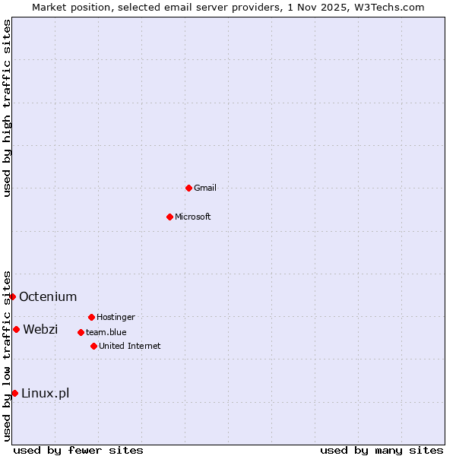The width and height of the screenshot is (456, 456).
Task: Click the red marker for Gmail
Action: click(x=188, y=188)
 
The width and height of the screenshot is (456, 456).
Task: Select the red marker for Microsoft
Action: click(x=169, y=217)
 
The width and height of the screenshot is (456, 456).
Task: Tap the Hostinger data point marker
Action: click(x=91, y=317)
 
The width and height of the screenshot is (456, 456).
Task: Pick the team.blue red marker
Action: click(x=81, y=332)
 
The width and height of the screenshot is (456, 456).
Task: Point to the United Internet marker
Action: click(x=93, y=346)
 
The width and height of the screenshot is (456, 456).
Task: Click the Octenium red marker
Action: click(x=12, y=296)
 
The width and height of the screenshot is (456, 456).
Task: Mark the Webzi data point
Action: click(x=16, y=329)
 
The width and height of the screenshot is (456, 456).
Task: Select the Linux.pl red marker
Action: click(x=14, y=393)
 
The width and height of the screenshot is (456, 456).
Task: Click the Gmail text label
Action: click(x=205, y=188)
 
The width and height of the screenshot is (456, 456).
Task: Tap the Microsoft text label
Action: click(x=193, y=217)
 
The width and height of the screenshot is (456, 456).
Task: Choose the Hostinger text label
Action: click(x=116, y=317)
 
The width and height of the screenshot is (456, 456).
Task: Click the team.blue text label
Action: click(x=106, y=332)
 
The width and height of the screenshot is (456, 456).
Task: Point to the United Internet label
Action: click(x=129, y=346)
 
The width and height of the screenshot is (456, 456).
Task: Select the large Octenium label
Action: click(x=48, y=296)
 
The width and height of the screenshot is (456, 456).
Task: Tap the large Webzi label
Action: click(x=40, y=329)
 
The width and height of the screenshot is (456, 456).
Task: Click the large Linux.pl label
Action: click(x=45, y=393)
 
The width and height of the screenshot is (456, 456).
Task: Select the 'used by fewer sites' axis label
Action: click(x=78, y=450)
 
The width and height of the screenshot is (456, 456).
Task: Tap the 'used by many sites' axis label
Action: click(x=382, y=450)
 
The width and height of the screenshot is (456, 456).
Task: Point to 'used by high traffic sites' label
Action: click(x=7, y=108)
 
